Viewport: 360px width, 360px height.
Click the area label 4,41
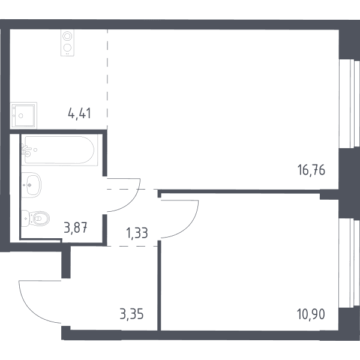coord(79,113)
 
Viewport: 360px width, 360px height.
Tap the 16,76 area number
coord(311,170)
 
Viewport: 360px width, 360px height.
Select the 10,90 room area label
coord(311,314)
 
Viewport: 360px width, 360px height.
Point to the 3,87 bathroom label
coord(76,228)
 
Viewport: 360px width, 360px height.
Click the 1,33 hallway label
coord(137,233)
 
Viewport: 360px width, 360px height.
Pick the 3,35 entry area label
coord(131,314)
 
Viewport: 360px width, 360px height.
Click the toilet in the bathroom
coord(36,218)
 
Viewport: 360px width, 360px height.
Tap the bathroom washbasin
coord(31,185)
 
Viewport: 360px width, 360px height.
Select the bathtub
coord(59,149)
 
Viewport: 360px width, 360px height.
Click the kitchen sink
coord(23,115)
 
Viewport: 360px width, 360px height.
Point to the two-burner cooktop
coord(67,43)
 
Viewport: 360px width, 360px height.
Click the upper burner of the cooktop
coord(67,36)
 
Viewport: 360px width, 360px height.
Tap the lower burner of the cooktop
coord(67,48)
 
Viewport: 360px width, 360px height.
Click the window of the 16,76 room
coord(349,103)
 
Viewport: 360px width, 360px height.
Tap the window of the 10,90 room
coord(349,263)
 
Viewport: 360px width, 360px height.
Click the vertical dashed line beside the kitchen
coord(107,80)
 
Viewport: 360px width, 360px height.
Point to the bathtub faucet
coord(26,149)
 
